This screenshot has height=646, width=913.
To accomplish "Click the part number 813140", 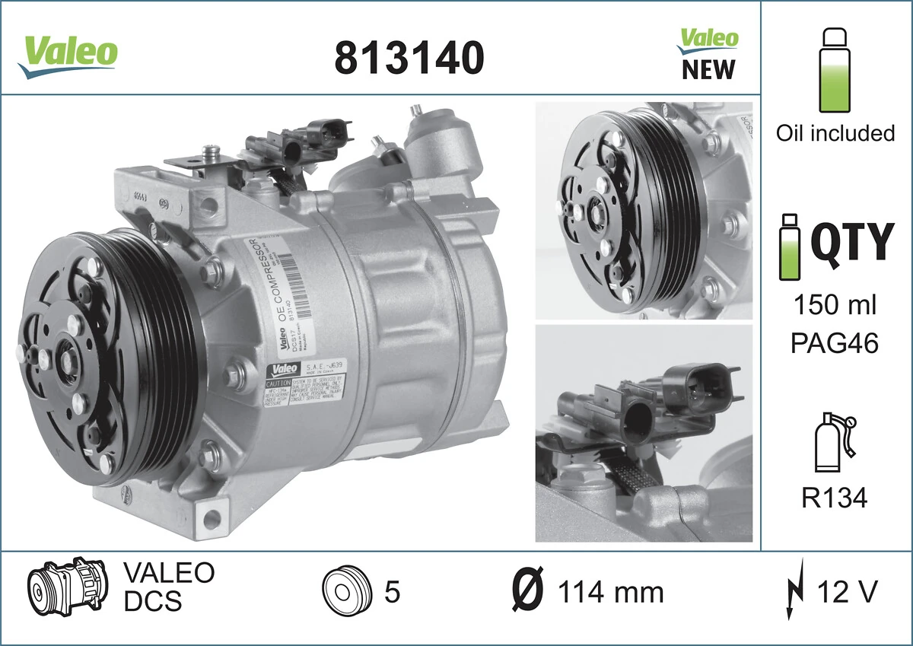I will tap(409, 57).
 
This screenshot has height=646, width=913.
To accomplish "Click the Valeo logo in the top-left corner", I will tap(68, 54).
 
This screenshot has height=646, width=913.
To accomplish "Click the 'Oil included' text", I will tap(835, 133).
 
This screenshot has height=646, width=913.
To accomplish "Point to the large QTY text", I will tap(851, 241).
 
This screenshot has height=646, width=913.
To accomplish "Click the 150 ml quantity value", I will tap(835, 305).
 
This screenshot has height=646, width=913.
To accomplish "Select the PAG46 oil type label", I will tap(835, 343).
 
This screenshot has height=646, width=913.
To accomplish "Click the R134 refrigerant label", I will tap(835, 498).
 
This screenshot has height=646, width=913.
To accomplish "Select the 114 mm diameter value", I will tap(610, 591).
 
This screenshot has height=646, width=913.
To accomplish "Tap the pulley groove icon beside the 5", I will tap(345, 590).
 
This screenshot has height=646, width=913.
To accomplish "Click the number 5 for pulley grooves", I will tap(392, 591).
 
